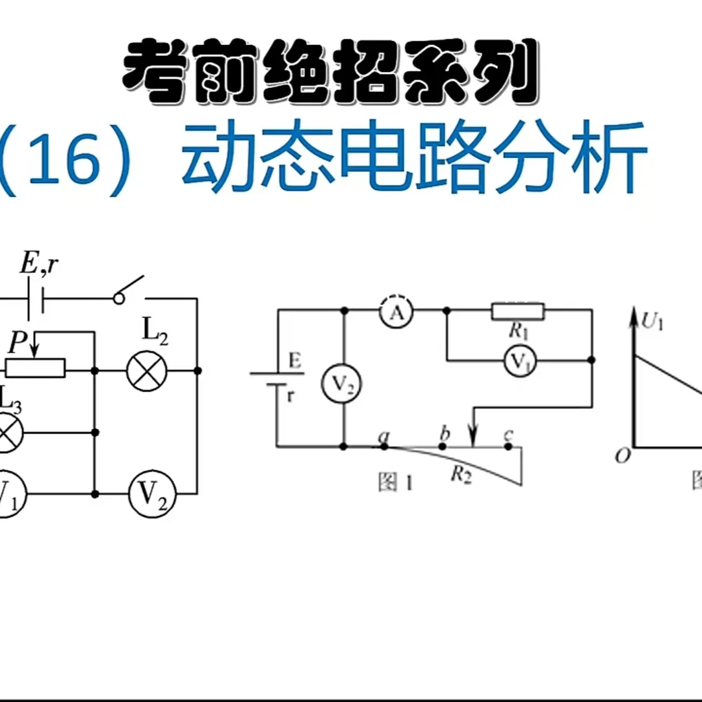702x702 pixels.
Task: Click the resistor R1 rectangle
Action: pyautogui.click(x=518, y=311)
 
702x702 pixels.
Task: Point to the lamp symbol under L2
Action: pyautogui.click(x=146, y=371)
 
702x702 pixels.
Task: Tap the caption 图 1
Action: pyautogui.click(x=396, y=483)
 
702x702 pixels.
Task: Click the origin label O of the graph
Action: pyautogui.click(x=623, y=456)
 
